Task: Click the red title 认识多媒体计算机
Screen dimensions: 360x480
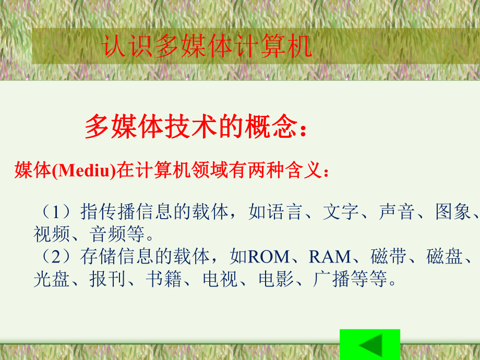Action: [x=207, y=46]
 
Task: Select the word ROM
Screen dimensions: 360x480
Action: [x=268, y=257]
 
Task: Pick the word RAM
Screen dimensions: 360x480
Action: [x=330, y=257]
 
